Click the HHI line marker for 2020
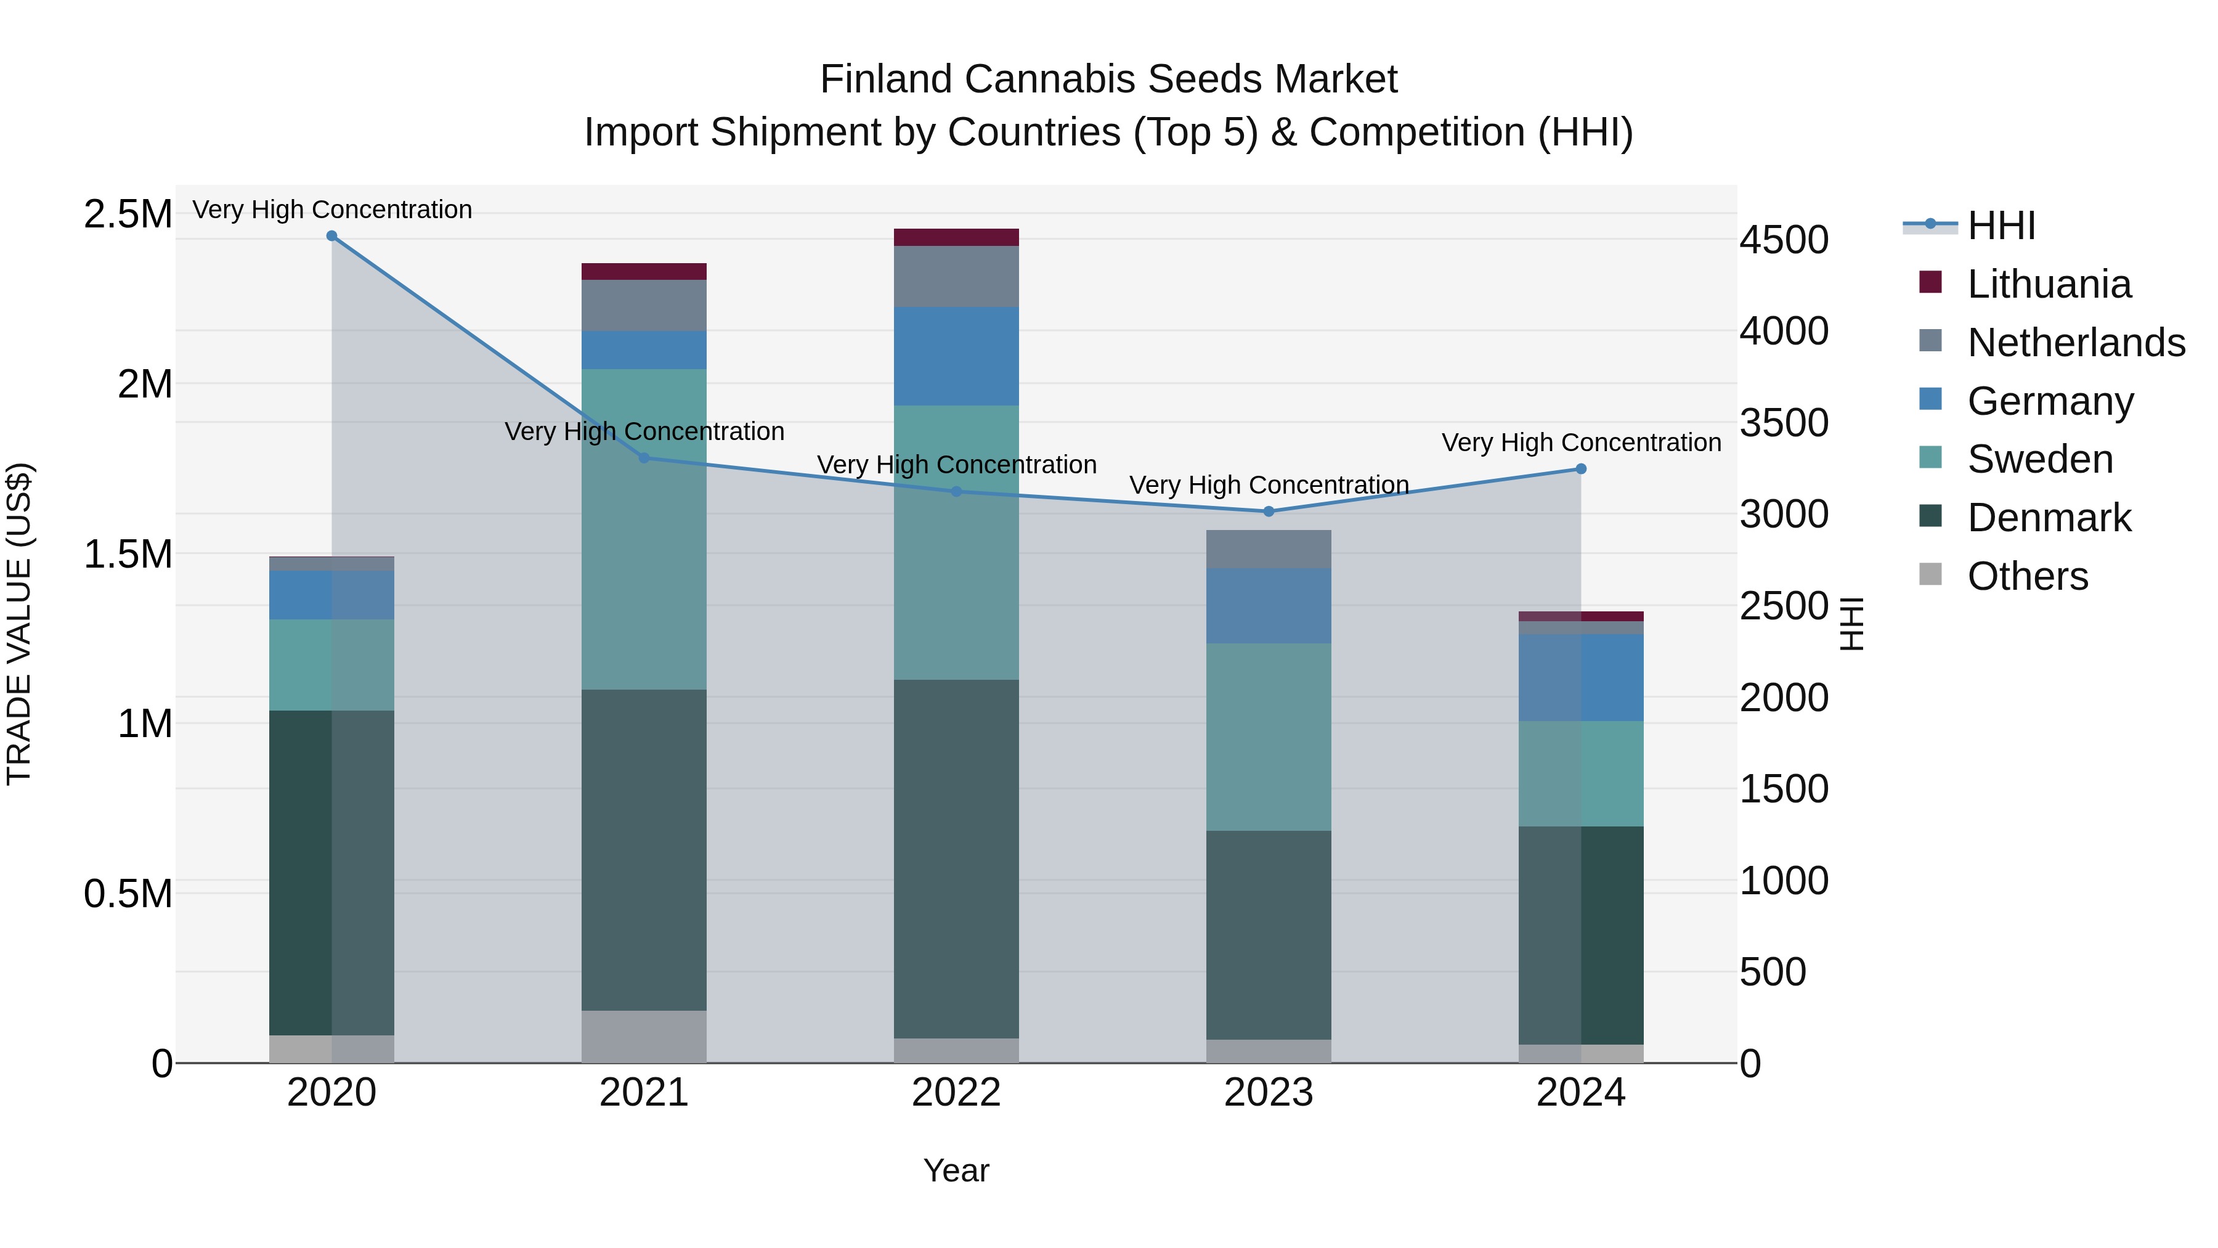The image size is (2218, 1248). tap(331, 236)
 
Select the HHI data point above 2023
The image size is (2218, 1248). tap(1269, 512)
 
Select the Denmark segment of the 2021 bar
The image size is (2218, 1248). tap(644, 849)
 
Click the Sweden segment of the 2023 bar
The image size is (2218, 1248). tap(1269, 737)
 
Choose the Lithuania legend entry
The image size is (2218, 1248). tap(2049, 284)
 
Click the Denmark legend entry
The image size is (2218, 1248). tap(2049, 518)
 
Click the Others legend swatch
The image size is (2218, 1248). tap(1930, 574)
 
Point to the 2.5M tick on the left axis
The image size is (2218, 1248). tap(128, 214)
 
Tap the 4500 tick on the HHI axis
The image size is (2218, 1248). tap(1784, 240)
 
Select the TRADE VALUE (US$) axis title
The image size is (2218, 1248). tap(19, 624)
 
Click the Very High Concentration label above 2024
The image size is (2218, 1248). tap(1581, 443)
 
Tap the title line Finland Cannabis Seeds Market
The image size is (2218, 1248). tap(1108, 80)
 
